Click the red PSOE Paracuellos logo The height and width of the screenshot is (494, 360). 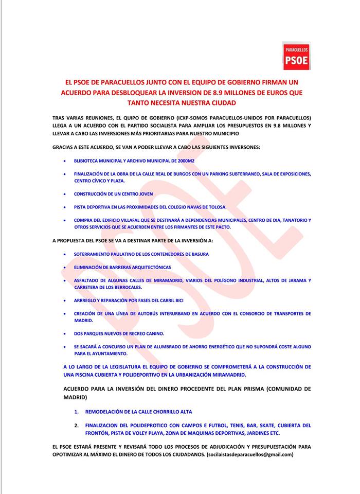click(x=297, y=56)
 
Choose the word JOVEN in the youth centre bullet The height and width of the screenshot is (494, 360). click(x=143, y=194)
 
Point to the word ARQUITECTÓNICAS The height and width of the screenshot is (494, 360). click(x=145, y=268)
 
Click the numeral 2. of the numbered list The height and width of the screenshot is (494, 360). click(x=76, y=426)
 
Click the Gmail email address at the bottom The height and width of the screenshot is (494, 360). click(x=249, y=455)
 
